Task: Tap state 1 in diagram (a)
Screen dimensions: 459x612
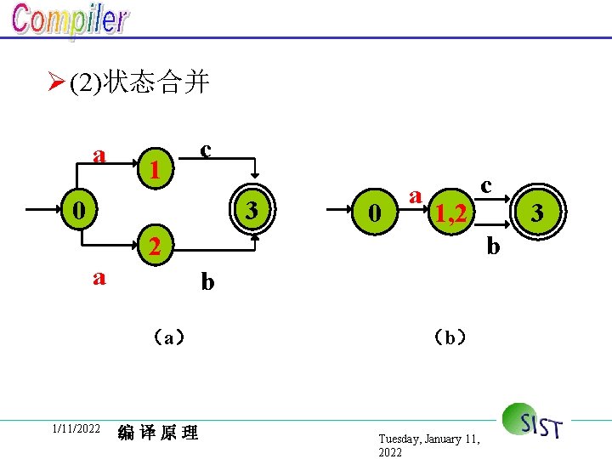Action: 154,169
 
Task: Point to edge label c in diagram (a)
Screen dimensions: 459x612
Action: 206,150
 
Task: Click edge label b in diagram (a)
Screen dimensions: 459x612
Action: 207,281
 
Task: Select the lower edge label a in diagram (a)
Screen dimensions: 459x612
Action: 99,276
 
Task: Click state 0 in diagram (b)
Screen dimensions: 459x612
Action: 372,213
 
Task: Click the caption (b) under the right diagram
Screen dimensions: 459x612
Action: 448,337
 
